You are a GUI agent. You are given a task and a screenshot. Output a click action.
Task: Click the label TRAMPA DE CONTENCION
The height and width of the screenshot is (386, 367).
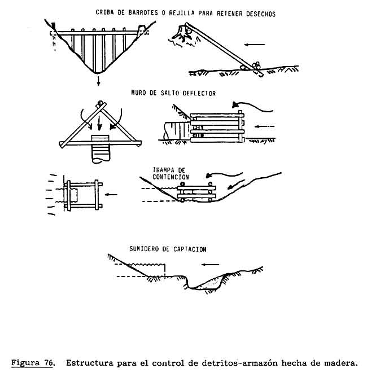point(170,173)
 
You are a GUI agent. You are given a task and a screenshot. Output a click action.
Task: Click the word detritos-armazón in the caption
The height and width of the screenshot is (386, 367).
point(237,363)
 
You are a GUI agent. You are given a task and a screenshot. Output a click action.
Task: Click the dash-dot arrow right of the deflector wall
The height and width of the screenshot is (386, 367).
point(263,128)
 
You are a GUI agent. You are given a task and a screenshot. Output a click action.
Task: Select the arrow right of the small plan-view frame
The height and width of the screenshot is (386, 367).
point(112,195)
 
